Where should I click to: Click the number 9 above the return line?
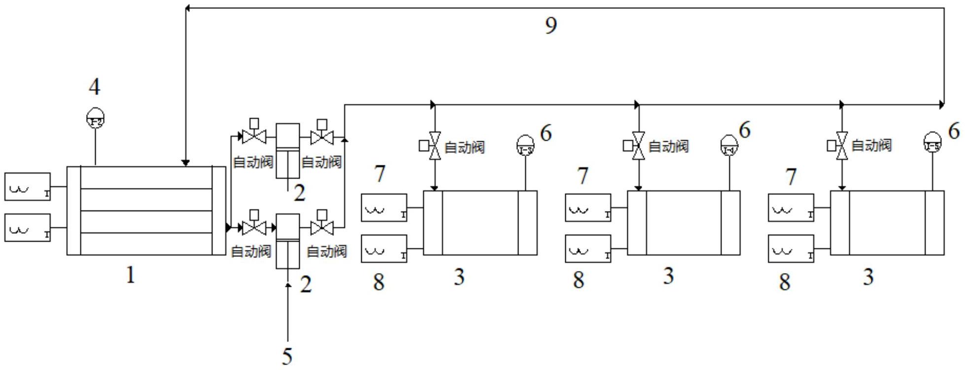(551, 25)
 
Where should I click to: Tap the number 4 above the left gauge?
(94, 87)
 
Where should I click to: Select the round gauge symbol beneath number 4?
(95, 119)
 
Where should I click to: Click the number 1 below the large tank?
(130, 275)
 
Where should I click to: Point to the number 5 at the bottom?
(287, 356)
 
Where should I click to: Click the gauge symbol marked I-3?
(526, 146)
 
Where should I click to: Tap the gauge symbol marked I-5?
(932, 143)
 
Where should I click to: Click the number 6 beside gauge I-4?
(745, 130)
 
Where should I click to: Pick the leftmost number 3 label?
(459, 277)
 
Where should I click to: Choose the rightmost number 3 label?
(868, 277)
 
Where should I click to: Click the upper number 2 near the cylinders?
(300, 193)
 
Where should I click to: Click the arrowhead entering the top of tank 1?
(185, 163)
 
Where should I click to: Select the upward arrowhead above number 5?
(288, 285)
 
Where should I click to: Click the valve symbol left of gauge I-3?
(434, 146)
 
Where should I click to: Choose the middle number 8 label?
(579, 280)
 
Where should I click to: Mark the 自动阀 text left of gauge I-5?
(871, 146)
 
